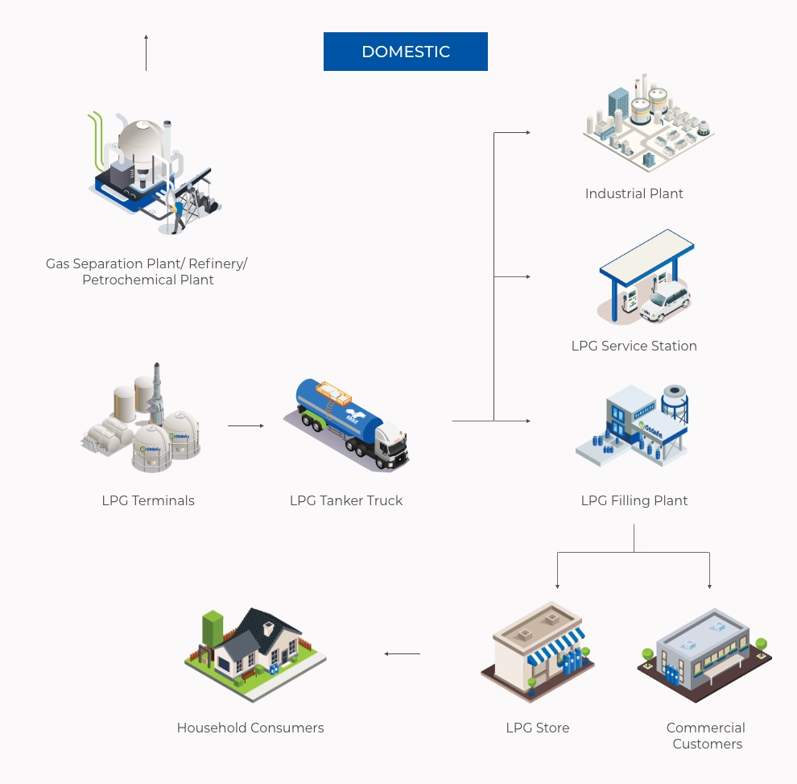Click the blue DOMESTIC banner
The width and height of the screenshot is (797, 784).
pos(405,52)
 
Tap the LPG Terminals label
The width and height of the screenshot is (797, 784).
pos(148,500)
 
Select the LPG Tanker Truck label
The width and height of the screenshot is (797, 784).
pos(346,500)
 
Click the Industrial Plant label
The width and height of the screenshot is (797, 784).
pos(634,193)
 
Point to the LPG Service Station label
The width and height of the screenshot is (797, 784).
pos(634,346)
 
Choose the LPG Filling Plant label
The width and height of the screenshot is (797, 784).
pos(634,500)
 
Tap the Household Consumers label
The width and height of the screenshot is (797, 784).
pos(250,728)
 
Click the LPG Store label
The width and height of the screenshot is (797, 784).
pos(537,728)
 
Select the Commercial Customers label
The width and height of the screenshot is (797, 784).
pos(706,736)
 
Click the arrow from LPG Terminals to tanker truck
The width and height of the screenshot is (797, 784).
pos(246,425)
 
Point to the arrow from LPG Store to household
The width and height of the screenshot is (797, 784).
pos(402,653)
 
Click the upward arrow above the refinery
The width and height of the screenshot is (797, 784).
pos(146,52)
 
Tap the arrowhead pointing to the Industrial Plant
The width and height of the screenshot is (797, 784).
pos(527,132)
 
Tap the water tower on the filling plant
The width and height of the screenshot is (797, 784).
pos(674,402)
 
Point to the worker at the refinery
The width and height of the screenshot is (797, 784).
pos(176,217)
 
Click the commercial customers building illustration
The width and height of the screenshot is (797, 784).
pos(703,653)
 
